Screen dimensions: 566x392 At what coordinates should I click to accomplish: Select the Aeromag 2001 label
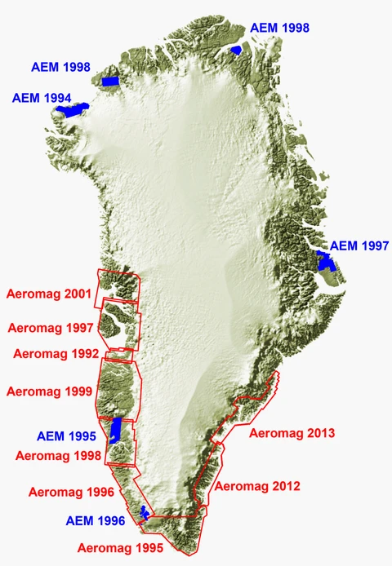click(x=47, y=293)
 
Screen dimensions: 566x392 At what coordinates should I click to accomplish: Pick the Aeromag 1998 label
click(x=56, y=454)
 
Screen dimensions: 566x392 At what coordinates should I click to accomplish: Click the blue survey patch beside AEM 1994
click(x=76, y=111)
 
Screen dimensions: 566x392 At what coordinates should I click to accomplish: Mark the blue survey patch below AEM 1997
click(x=327, y=262)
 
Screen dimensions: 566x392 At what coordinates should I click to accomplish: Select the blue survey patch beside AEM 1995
click(x=117, y=429)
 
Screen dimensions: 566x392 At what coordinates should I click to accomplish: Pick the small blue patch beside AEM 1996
click(x=145, y=512)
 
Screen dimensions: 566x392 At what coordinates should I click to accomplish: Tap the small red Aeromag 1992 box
click(x=120, y=354)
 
